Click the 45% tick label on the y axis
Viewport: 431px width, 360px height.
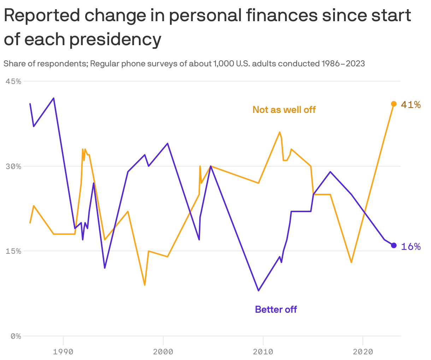[x=13, y=81]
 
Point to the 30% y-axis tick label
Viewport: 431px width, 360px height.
[x=13, y=166]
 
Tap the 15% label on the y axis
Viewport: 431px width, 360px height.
[x=13, y=251]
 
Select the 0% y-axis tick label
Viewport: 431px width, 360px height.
[x=16, y=336]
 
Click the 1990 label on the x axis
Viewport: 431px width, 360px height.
[x=63, y=352]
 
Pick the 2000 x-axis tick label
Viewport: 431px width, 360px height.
[x=163, y=352]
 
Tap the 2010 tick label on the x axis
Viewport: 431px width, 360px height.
[x=263, y=352]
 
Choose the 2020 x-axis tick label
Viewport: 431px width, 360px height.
[x=363, y=352]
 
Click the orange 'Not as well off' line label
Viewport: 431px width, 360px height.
[x=284, y=110]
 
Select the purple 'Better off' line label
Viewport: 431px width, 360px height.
[x=276, y=310]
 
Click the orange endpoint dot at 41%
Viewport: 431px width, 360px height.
[x=394, y=104]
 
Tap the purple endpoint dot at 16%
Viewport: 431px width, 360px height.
[x=394, y=245]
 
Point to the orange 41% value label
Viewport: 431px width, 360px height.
[x=411, y=104]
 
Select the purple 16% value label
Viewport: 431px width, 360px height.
[x=411, y=246]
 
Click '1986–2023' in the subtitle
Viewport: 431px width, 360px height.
[x=343, y=64]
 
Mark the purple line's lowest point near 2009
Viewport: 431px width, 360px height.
[x=259, y=290]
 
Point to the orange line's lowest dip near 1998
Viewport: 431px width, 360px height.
[x=145, y=285]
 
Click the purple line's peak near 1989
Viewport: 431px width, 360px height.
[x=54, y=98]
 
